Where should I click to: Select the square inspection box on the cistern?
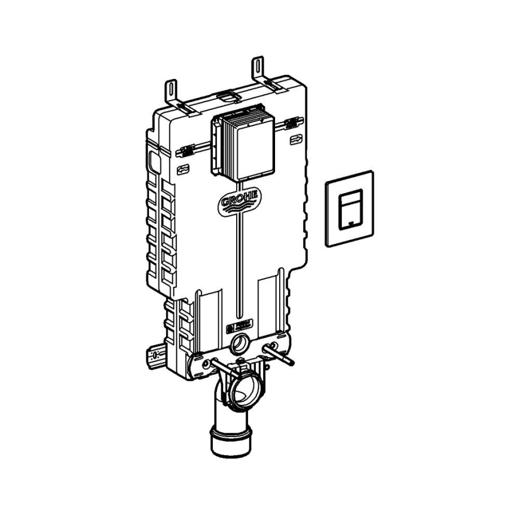tap(240, 146)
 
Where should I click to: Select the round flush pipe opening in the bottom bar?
tap(240, 344)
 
